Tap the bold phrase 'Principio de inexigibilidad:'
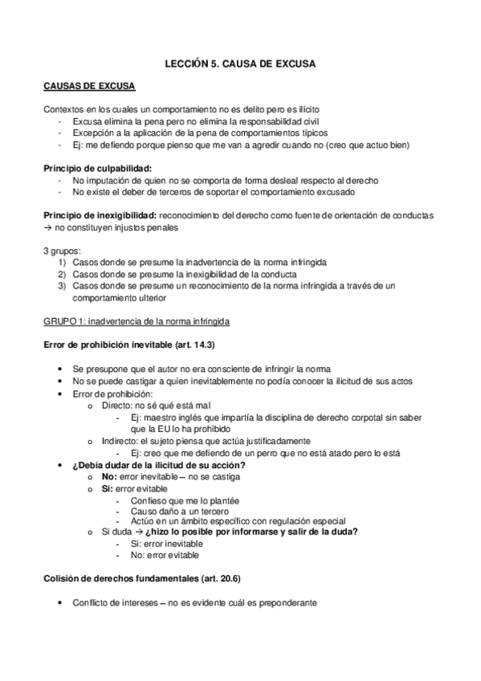(100, 216)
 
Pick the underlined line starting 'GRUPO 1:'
(137, 322)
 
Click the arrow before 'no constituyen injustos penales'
(47, 228)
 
